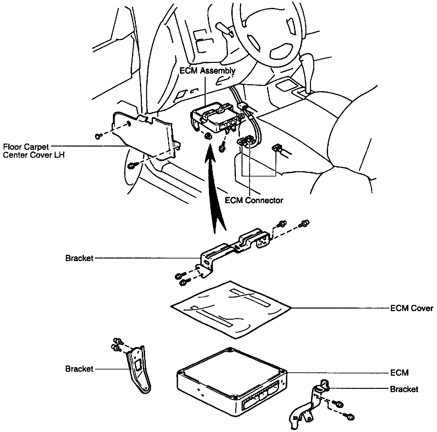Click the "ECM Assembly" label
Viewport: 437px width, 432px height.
207,71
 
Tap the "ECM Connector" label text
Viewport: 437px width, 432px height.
254,200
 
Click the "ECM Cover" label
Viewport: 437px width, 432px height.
411,309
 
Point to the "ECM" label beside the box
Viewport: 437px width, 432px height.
399,373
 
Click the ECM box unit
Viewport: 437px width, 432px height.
230,379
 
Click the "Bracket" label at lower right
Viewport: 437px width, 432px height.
404,389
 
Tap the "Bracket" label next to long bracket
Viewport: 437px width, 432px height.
79,258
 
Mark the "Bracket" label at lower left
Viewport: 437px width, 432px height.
79,369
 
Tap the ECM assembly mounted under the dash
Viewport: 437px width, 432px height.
216,115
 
